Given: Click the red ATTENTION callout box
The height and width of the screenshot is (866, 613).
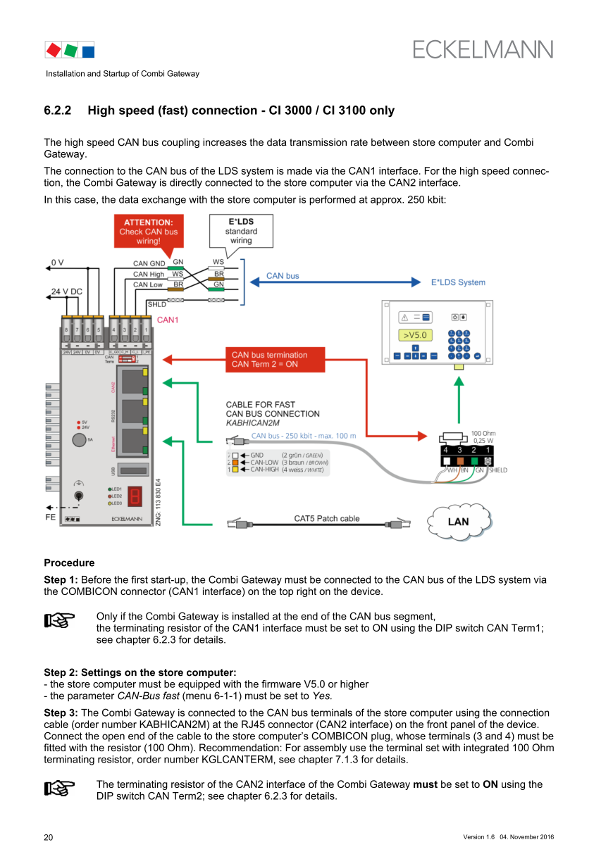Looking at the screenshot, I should click(x=149, y=231).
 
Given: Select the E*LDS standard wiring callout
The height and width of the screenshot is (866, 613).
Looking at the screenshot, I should click(x=241, y=230).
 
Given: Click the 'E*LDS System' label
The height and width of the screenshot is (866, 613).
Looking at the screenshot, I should click(x=458, y=282).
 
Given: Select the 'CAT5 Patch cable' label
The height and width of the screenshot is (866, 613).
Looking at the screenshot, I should click(x=326, y=519).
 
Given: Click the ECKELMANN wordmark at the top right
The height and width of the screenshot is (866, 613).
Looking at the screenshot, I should click(x=483, y=49).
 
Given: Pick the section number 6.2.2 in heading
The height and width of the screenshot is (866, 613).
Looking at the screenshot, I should click(x=58, y=111).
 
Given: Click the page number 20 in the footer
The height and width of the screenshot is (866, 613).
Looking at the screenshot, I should click(x=48, y=837).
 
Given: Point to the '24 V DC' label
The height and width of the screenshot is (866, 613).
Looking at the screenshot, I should click(x=66, y=291).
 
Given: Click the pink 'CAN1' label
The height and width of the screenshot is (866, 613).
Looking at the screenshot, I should click(x=168, y=320).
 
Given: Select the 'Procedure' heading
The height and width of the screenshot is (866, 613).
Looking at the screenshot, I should click(x=69, y=563).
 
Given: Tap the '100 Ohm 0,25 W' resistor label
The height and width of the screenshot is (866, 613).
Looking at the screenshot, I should click(x=483, y=437).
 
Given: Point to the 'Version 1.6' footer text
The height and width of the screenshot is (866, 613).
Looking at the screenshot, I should click(x=479, y=837).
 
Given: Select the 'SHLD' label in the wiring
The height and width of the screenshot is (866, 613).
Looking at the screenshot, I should click(x=156, y=304).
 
